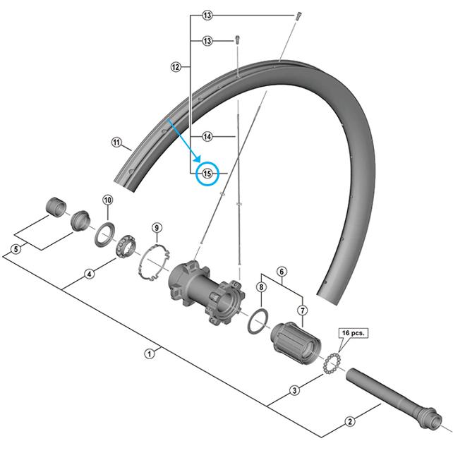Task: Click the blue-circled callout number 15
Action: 207,174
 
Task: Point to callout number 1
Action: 150,354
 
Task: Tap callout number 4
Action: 89,274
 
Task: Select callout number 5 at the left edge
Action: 16,249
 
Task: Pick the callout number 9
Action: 157,227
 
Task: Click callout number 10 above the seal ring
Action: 107,200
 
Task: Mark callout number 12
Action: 176,67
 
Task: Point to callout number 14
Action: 207,136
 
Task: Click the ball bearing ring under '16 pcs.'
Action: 330,366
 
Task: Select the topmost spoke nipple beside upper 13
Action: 297,17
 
